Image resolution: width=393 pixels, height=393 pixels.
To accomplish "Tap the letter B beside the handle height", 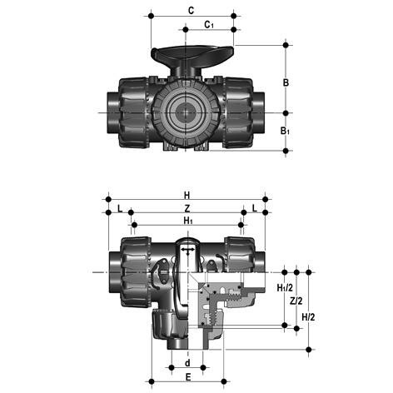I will coord(286,82).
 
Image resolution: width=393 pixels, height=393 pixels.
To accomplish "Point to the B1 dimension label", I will coord(286,131).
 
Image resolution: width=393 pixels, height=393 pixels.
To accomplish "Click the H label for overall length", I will coord(187,196).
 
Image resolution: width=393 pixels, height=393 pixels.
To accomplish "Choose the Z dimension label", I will coord(187,208).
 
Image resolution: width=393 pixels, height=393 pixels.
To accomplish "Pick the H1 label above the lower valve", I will coord(188,221).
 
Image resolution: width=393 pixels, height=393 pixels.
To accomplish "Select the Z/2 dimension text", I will coord(295,301).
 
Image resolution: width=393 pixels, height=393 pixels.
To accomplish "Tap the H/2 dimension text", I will coord(308,316).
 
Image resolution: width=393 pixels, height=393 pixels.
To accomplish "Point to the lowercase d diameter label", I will coord(188,363).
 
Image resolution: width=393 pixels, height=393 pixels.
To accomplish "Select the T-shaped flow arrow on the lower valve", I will coord(189,250).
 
